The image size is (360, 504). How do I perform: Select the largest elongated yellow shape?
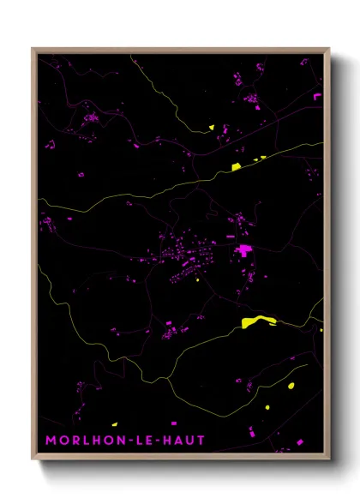pos(259,321)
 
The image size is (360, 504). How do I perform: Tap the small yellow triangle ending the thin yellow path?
pos(211,128)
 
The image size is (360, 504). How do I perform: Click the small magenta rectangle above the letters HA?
pos(174,423)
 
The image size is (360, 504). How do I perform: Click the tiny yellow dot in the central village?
pos(198,278)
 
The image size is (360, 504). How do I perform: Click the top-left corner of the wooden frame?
pos(33,49)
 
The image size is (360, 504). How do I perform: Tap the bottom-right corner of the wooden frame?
pos(329,459)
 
